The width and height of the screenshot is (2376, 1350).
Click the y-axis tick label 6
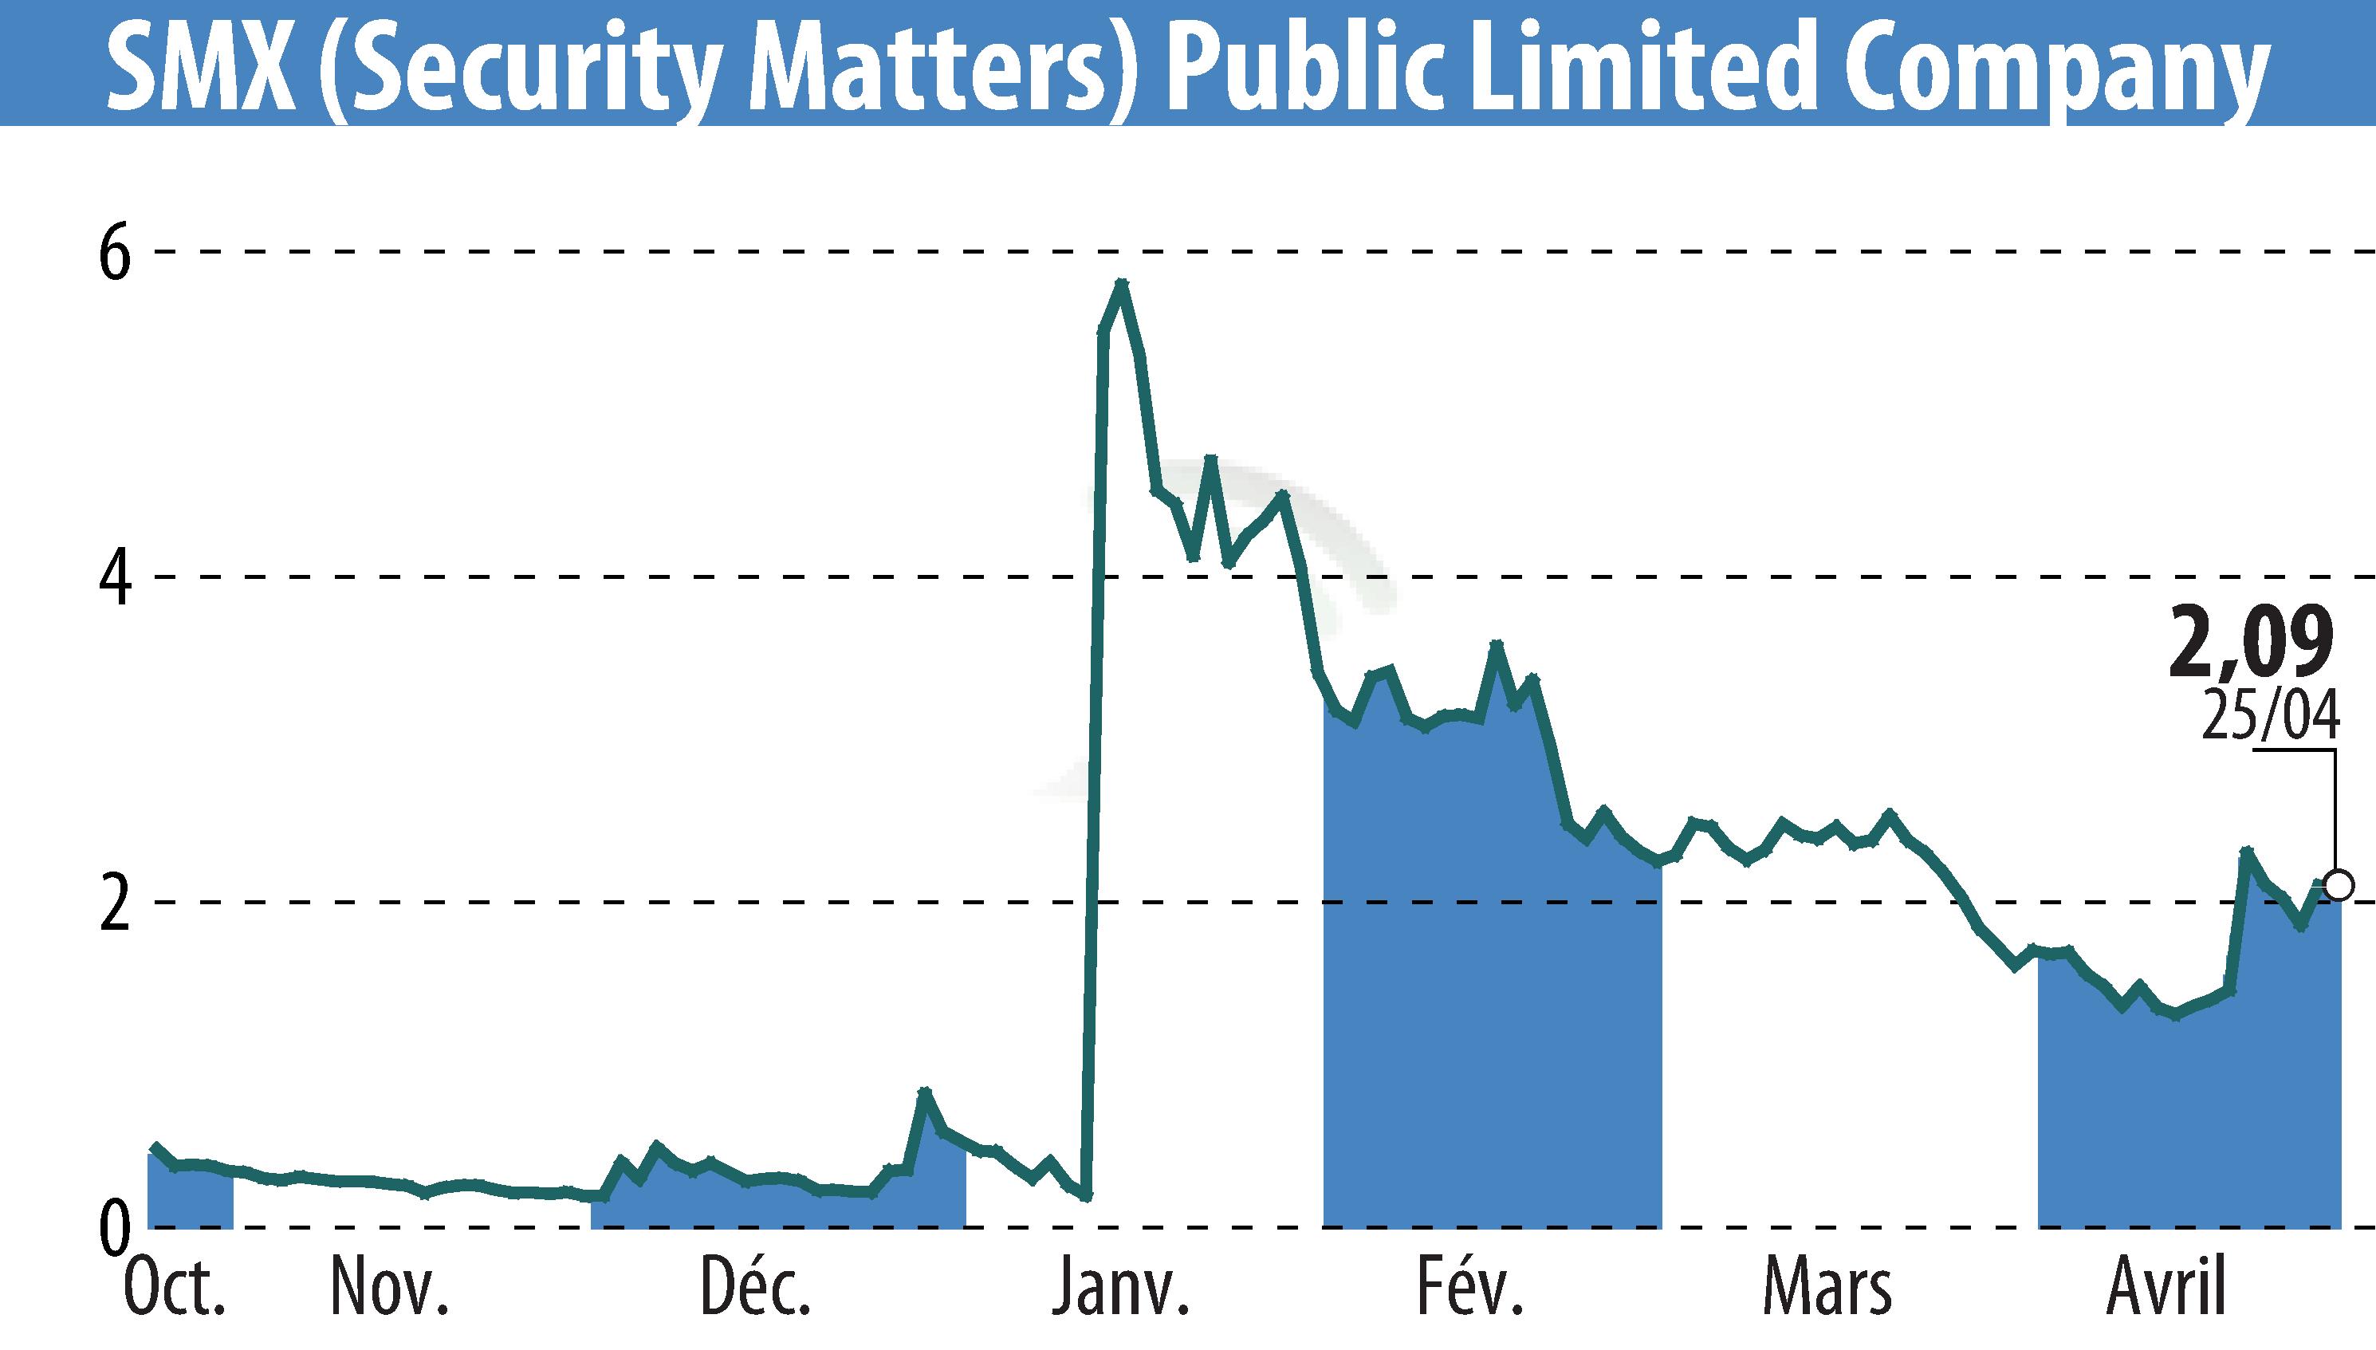pos(115,252)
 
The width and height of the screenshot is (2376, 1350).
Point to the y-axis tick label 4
pos(115,577)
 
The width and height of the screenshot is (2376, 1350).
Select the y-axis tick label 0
pos(115,1226)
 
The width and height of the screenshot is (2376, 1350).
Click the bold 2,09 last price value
pos(2250,644)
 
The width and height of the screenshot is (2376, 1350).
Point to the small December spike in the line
pos(923,1092)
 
